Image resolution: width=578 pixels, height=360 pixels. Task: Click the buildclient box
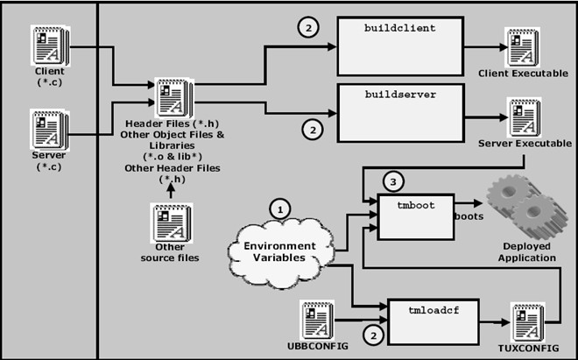tap(400, 46)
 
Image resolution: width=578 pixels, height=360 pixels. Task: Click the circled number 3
tap(394, 182)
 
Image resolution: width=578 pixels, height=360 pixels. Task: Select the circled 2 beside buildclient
tap(307, 27)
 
